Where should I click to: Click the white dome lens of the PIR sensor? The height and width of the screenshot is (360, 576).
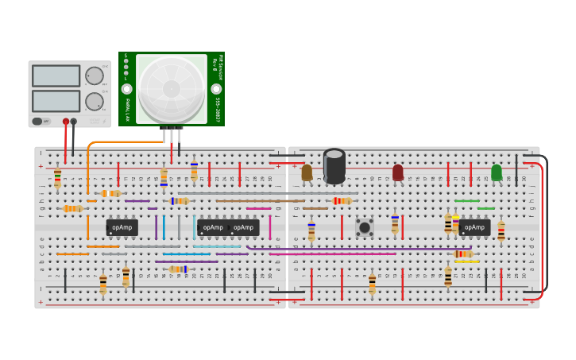point(172,87)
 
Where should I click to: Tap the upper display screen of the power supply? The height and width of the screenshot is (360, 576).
point(56,75)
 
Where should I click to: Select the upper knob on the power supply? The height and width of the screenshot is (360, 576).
point(94,75)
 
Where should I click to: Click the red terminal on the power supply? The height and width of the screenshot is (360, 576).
point(66,122)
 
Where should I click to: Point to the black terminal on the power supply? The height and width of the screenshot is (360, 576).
point(74,122)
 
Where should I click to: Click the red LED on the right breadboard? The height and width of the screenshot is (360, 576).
point(398,172)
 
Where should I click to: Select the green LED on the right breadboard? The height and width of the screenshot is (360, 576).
point(497,172)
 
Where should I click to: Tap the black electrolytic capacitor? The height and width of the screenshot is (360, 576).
point(334,166)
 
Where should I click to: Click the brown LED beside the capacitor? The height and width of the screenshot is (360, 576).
point(307,172)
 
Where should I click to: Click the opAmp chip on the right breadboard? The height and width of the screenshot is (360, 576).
point(474,227)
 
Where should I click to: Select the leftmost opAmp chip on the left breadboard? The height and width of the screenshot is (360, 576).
point(122,227)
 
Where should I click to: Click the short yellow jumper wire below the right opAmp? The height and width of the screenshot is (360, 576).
point(466,261)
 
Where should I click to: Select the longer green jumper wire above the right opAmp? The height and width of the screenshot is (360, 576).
point(466,201)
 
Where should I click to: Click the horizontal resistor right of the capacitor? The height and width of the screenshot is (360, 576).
point(342,201)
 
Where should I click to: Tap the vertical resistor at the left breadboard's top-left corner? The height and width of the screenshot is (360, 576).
point(57,178)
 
